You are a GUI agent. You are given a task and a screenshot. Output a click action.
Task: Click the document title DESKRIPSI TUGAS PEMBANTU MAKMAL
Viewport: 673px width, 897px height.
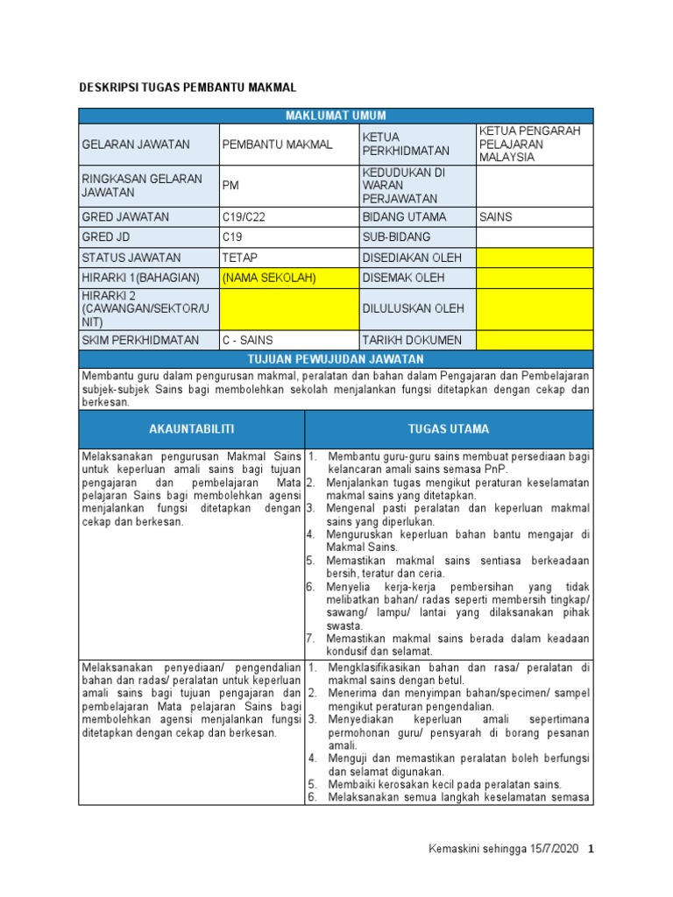[x=188, y=88]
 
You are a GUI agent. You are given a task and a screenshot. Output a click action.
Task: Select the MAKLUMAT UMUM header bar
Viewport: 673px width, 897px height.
[x=336, y=116]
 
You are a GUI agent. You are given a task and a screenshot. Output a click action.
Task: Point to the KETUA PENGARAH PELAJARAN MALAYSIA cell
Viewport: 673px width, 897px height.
[x=533, y=144]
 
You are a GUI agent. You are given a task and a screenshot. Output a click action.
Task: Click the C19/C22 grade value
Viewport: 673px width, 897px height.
[x=244, y=216]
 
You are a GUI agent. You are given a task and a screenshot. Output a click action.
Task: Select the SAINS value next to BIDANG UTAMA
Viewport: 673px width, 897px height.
[x=495, y=216]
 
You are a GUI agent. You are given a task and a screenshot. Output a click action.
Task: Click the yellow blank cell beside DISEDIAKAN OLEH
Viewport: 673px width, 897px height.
[x=534, y=258]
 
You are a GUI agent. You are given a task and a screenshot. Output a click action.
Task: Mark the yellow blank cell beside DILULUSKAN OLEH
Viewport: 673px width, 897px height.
[x=534, y=308]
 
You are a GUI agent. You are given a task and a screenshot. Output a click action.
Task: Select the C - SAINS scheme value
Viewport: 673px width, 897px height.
[x=248, y=340]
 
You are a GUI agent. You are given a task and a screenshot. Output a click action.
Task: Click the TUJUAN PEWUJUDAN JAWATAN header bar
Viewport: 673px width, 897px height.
[x=336, y=359]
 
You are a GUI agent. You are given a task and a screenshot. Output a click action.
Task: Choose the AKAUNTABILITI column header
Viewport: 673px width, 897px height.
[x=192, y=429]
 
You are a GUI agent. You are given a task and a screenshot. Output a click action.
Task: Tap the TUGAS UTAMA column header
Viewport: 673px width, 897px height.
[x=449, y=429]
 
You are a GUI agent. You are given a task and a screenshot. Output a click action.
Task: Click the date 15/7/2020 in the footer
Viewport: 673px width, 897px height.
[x=550, y=850]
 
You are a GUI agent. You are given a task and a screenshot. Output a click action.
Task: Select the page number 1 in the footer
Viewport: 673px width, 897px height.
[x=591, y=850]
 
